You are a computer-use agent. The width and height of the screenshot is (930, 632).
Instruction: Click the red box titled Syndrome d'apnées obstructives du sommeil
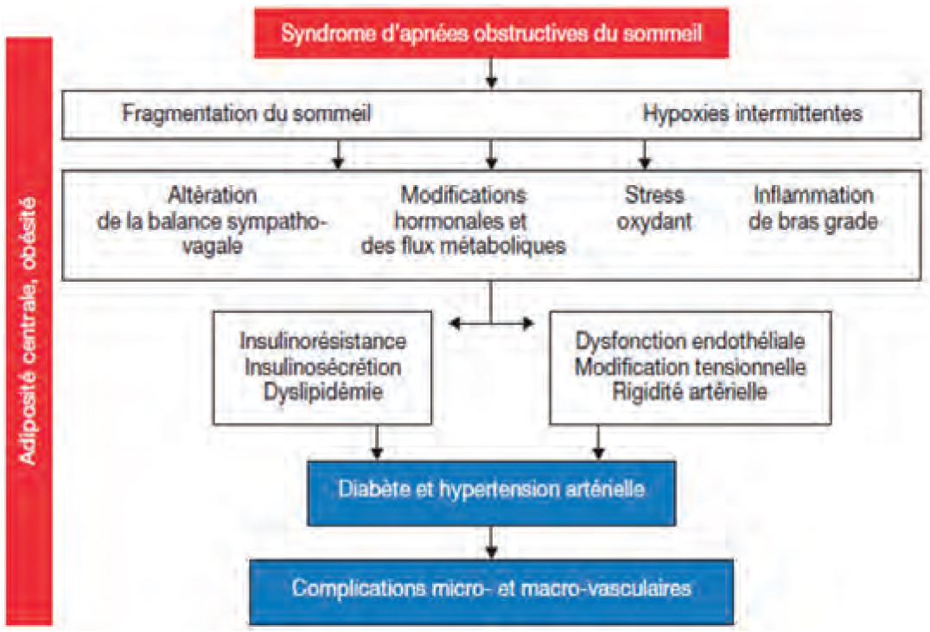pyautogui.click(x=491, y=33)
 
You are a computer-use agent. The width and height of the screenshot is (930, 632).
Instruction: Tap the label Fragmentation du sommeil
pyautogui.click(x=246, y=112)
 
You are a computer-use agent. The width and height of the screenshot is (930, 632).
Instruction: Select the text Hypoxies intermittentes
pyautogui.click(x=753, y=113)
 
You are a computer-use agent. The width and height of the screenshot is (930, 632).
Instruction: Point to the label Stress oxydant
pyautogui.click(x=654, y=208)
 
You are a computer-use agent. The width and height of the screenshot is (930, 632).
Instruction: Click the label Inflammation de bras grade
pyautogui.click(x=813, y=208)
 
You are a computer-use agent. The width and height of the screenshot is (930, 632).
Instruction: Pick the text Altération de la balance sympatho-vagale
pyautogui.click(x=212, y=220)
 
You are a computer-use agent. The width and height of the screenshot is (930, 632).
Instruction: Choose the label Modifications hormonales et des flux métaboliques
pyautogui.click(x=463, y=220)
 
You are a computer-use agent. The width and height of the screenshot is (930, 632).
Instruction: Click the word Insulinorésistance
pyautogui.click(x=322, y=341)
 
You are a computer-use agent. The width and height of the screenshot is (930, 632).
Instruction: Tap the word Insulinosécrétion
pyautogui.click(x=322, y=367)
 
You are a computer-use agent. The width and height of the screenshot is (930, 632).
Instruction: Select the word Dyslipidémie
pyautogui.click(x=322, y=392)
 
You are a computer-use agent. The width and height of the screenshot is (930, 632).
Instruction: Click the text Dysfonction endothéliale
pyautogui.click(x=691, y=341)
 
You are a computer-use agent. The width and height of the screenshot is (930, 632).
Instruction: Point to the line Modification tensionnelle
pyautogui.click(x=691, y=367)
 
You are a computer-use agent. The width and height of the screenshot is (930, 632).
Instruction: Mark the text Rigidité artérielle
pyautogui.click(x=691, y=392)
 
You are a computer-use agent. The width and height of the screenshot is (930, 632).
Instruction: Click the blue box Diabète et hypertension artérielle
pyautogui.click(x=491, y=493)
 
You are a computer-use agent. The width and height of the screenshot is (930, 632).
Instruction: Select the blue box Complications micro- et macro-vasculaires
pyautogui.click(x=491, y=591)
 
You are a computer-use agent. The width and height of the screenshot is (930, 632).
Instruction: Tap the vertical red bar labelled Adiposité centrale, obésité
pyautogui.click(x=29, y=331)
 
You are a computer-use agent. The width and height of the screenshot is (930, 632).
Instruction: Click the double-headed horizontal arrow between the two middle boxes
pyautogui.click(x=491, y=323)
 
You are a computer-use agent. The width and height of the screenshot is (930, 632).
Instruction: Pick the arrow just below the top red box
pyautogui.click(x=491, y=73)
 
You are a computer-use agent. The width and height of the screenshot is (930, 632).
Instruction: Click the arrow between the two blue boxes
pyautogui.click(x=491, y=542)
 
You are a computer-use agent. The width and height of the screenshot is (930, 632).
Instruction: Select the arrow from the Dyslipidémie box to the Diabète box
pyautogui.click(x=377, y=442)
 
